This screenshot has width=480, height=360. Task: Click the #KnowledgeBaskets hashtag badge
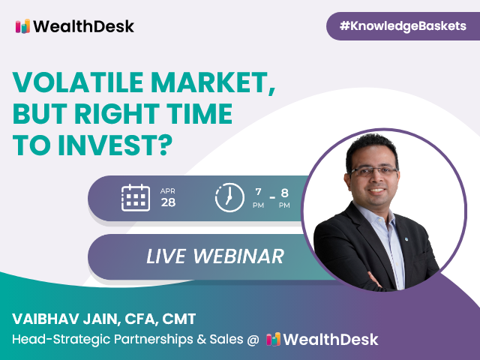pos(403,26)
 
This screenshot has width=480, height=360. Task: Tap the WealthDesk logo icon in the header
pos(23,26)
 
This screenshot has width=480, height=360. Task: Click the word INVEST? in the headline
pos(115,145)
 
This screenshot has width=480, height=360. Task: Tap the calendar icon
pos(136,198)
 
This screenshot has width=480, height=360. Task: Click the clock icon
pos(229,198)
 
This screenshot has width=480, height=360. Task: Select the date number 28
pos(168,202)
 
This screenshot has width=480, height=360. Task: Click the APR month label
pos(168,191)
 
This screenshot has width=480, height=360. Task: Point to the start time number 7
pos(258,192)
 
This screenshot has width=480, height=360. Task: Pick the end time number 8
pos(284,193)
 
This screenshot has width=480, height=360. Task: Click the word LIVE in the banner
pos(166,256)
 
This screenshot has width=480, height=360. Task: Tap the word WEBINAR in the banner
pos(238,256)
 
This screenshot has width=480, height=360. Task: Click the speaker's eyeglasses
pos(373,171)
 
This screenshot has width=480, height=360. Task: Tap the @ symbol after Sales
pos(253,340)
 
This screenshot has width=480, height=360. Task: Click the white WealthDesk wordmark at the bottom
pos(331,340)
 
